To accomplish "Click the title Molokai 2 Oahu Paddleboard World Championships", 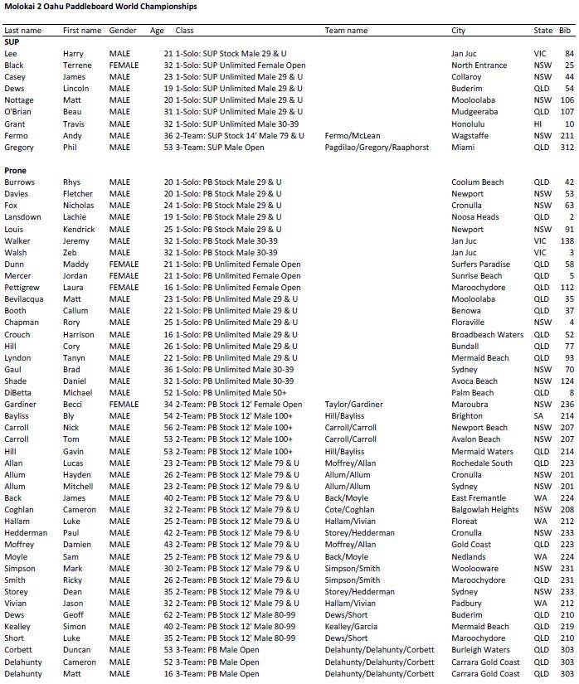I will tap(100, 7).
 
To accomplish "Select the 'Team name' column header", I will tap(346, 31).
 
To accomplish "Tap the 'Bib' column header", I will tap(565, 31).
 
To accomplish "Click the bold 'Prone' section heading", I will tap(16, 170).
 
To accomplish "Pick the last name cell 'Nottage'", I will tap(20, 100).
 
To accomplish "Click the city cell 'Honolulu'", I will tap(470, 124).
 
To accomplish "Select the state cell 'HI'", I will tap(538, 124).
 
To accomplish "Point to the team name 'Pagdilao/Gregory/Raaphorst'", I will tap(377, 148).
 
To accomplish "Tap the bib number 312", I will tap(567, 148).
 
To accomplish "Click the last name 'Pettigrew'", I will tap(23, 288).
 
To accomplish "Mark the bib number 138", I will tap(567, 241).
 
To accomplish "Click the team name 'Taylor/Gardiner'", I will tap(354, 405).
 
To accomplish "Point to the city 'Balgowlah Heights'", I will tap(485, 510).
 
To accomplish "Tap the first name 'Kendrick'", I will tap(79, 230).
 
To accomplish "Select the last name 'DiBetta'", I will tap(21, 393).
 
